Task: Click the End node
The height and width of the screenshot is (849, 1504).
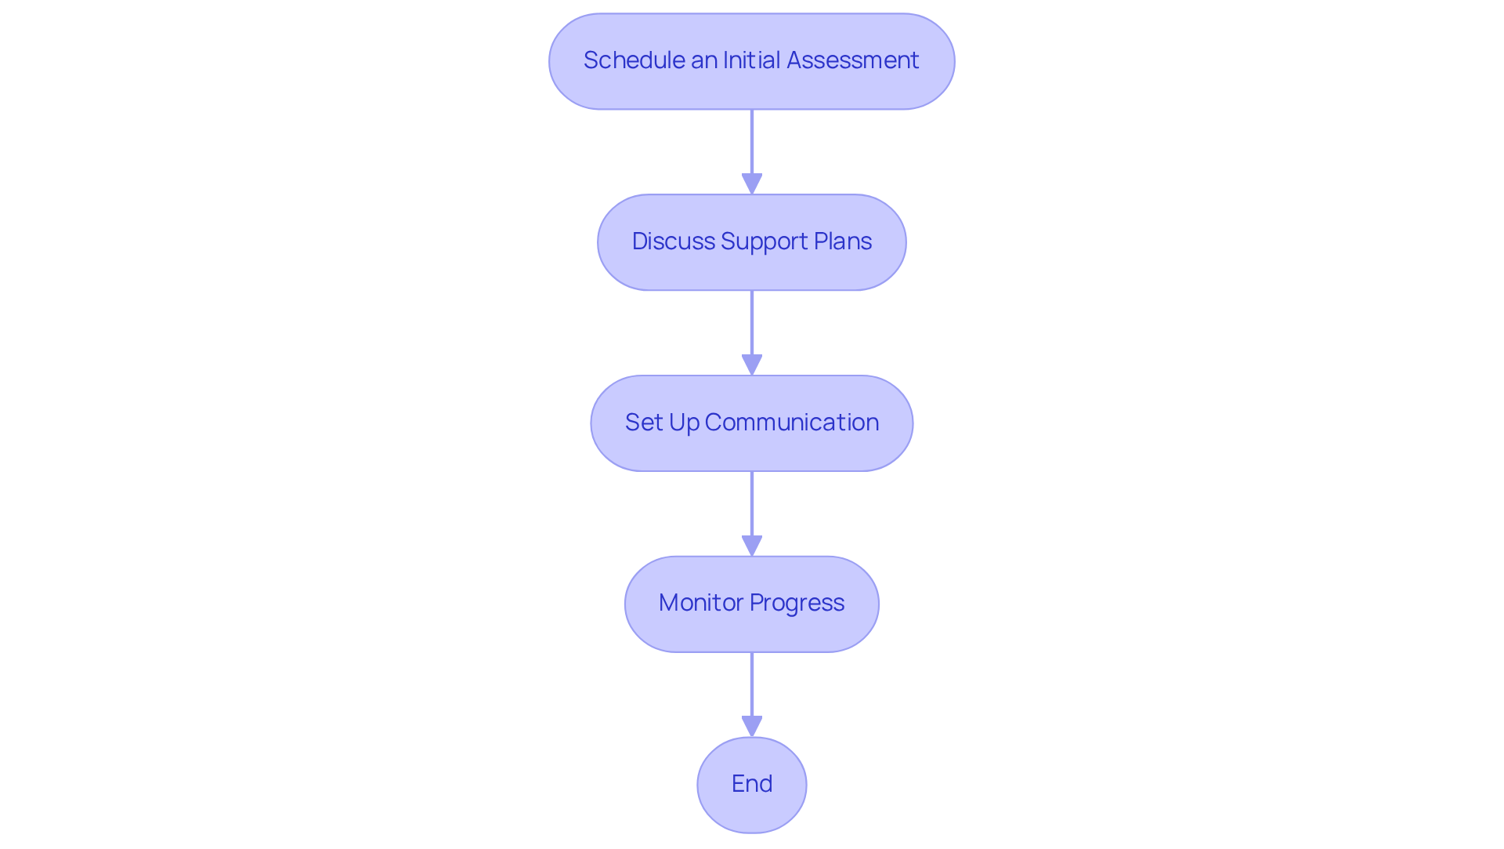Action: [x=751, y=784]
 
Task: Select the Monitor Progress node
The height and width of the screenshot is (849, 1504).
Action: [x=751, y=604]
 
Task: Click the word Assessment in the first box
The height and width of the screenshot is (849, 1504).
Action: [x=852, y=60]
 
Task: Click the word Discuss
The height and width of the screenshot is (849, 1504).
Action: [x=673, y=241]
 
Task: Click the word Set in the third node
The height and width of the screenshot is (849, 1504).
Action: [x=644, y=423]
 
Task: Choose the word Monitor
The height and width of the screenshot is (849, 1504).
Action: [x=701, y=603]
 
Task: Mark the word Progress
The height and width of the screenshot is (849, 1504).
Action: [x=797, y=603]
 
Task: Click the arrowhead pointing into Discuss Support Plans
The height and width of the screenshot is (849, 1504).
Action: [x=752, y=184]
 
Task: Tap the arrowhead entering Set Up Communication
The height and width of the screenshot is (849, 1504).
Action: [x=752, y=365]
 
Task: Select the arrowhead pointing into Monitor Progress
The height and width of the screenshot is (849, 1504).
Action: [x=752, y=546]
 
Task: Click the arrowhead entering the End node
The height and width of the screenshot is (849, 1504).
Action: [x=752, y=727]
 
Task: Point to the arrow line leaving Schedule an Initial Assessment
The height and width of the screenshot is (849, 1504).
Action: [x=752, y=141]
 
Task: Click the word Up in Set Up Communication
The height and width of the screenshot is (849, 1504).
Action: [x=684, y=423]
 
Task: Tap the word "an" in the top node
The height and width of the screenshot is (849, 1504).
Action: [x=704, y=60]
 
